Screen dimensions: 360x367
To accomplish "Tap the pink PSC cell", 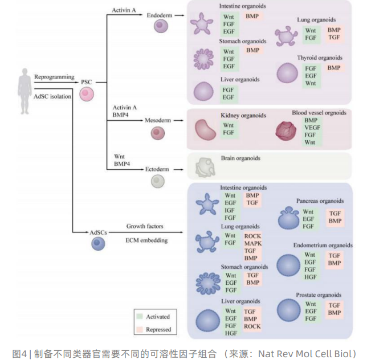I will pyautogui.click(x=87, y=94).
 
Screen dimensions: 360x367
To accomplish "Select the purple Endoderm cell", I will pyautogui.click(x=162, y=26).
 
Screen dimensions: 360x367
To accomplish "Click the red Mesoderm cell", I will pyautogui.click(x=158, y=133).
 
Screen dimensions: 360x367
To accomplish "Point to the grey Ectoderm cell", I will pyautogui.click(x=158, y=181).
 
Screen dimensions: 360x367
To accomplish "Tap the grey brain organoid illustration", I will pyautogui.click(x=204, y=166).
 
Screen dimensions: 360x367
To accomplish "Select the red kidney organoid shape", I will pyautogui.click(x=205, y=130).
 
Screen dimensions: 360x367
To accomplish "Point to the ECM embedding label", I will pyautogui.click(x=148, y=240).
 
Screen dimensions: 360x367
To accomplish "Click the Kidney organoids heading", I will pyautogui.click(x=243, y=116).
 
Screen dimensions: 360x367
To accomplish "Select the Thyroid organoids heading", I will pyautogui.click(x=319, y=58).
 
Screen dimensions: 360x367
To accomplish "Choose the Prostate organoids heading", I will pyautogui.click(x=319, y=295).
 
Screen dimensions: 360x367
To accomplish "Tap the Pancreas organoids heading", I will pyautogui.click(x=320, y=201).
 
